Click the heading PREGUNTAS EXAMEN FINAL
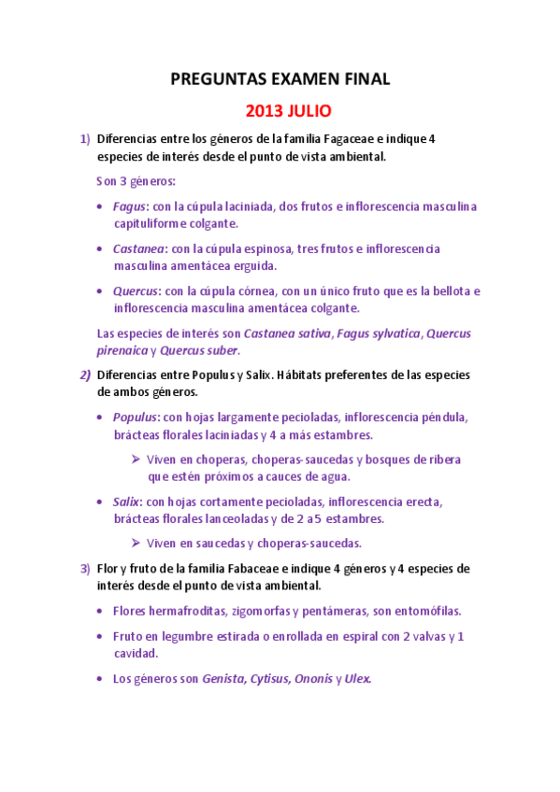(280, 80)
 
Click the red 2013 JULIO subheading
(288, 111)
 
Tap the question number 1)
(85, 139)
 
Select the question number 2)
(84, 375)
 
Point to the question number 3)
(85, 568)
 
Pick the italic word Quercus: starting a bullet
(136, 291)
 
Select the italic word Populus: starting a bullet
(136, 417)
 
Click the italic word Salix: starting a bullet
(127, 502)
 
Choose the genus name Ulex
(357, 679)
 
